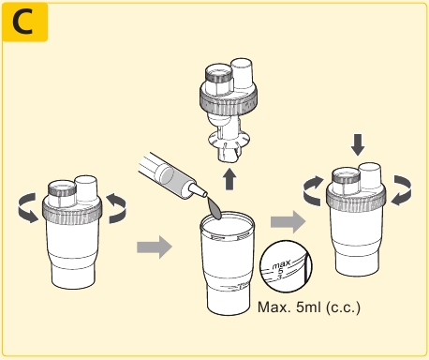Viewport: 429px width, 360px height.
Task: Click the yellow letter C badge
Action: pos(24,22)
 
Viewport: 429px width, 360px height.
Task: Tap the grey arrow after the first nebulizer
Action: pos(155,247)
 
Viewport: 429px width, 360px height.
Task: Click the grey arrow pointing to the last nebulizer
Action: pos(288,221)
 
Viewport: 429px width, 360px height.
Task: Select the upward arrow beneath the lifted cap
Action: pos(229,179)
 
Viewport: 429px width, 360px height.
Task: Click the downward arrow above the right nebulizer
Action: pos(358,145)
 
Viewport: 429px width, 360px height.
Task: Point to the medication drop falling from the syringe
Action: pos(214,208)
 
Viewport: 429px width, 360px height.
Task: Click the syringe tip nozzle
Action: pos(199,190)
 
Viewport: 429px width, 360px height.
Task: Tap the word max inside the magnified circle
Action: pos(281,264)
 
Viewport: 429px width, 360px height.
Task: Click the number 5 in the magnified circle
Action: pos(280,271)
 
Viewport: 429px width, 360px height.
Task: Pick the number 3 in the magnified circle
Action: pos(280,277)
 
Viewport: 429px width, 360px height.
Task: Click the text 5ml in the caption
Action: pos(308,307)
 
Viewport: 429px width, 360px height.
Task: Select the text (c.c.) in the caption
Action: pos(343,307)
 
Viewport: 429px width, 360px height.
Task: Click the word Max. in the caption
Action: pos(274,307)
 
